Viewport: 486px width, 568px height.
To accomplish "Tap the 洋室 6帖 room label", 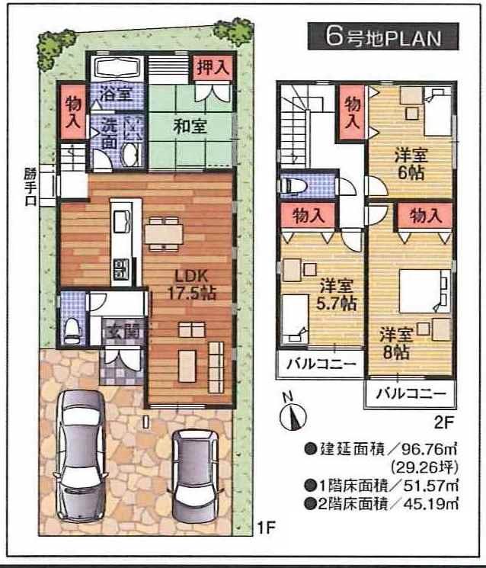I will [x=411, y=162].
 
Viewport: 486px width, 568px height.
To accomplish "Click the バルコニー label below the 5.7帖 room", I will [x=321, y=364].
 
